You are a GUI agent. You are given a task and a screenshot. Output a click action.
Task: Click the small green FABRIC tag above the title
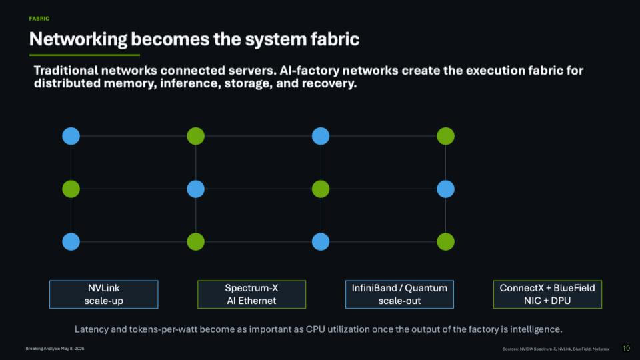(x=39, y=19)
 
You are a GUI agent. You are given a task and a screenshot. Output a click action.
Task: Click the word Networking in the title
(x=79, y=39)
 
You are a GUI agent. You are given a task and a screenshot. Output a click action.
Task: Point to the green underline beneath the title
(x=85, y=55)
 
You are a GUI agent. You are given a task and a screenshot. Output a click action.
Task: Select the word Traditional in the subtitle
(x=66, y=70)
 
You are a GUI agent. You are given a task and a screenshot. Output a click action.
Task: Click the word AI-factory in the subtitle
(x=309, y=71)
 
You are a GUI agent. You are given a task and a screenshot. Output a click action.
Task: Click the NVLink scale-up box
(x=104, y=294)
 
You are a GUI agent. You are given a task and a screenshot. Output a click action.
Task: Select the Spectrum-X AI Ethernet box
(x=251, y=294)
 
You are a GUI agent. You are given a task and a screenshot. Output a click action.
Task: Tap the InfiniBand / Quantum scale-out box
(x=399, y=294)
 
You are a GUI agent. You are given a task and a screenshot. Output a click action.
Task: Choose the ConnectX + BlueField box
(x=547, y=294)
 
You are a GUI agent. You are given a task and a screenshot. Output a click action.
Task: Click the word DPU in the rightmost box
(x=561, y=301)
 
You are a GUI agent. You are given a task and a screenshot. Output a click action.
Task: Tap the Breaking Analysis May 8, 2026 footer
(x=55, y=349)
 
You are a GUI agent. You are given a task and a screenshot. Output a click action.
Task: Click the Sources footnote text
(x=556, y=349)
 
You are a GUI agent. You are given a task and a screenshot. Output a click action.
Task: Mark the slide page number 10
(x=626, y=348)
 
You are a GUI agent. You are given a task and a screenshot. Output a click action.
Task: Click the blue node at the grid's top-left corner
(x=71, y=136)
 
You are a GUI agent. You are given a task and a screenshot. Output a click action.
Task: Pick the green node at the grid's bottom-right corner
(x=446, y=241)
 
